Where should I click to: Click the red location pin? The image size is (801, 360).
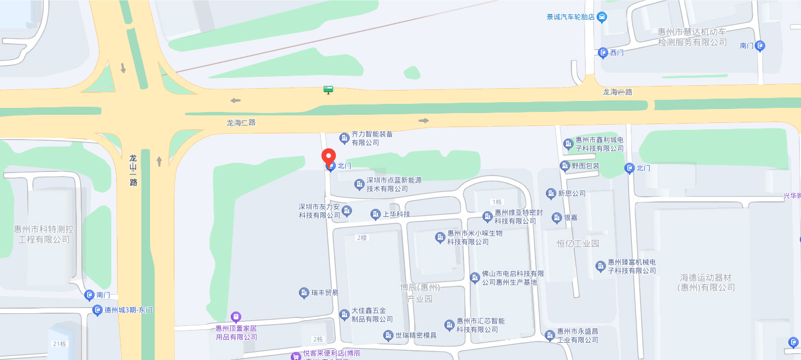pyautogui.click(x=328, y=156)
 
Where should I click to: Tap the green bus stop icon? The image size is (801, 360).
pyautogui.click(x=328, y=89)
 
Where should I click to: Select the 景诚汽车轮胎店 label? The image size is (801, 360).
pyautogui.click(x=571, y=17)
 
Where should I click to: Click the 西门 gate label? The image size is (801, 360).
pyautogui.click(x=616, y=52)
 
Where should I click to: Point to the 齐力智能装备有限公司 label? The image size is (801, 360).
pyautogui.click(x=372, y=138)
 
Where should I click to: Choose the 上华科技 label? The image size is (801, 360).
pyautogui.click(x=396, y=215)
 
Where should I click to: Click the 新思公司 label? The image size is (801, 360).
pyautogui.click(x=571, y=193)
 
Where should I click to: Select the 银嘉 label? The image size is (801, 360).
pyautogui.click(x=570, y=217)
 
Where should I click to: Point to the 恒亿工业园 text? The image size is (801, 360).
pyautogui.click(x=578, y=243)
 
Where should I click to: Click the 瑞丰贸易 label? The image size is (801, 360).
pyautogui.click(x=324, y=293)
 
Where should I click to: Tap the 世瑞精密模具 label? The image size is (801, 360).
pyautogui.click(x=416, y=335)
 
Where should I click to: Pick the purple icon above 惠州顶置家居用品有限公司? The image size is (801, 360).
pyautogui.click(x=235, y=317)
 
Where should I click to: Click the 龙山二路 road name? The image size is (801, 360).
pyautogui.click(x=133, y=170)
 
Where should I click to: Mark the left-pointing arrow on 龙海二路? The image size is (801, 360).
pyautogui.click(x=235, y=101)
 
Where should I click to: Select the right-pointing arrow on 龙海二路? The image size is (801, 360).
pyautogui.click(x=424, y=121)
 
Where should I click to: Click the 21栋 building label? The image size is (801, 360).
pyautogui.click(x=59, y=344)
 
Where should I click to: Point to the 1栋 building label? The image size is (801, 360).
pyautogui.click(x=497, y=202)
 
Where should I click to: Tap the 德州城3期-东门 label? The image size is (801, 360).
pyautogui.click(x=128, y=310)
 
